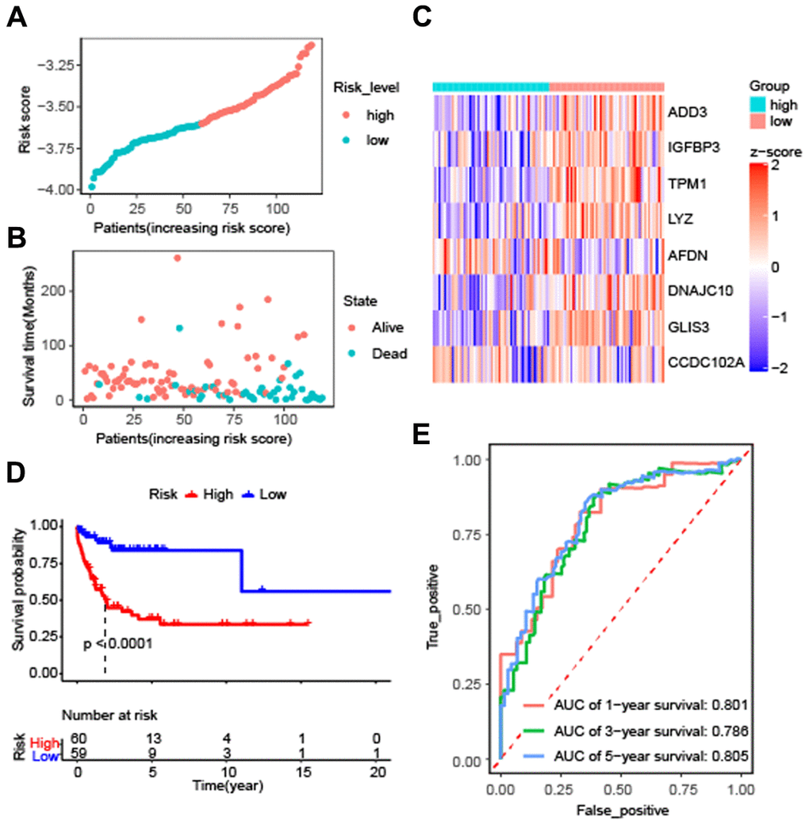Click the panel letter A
pyautogui.click(x=15, y=17)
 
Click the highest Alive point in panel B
pyautogui.click(x=177, y=258)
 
